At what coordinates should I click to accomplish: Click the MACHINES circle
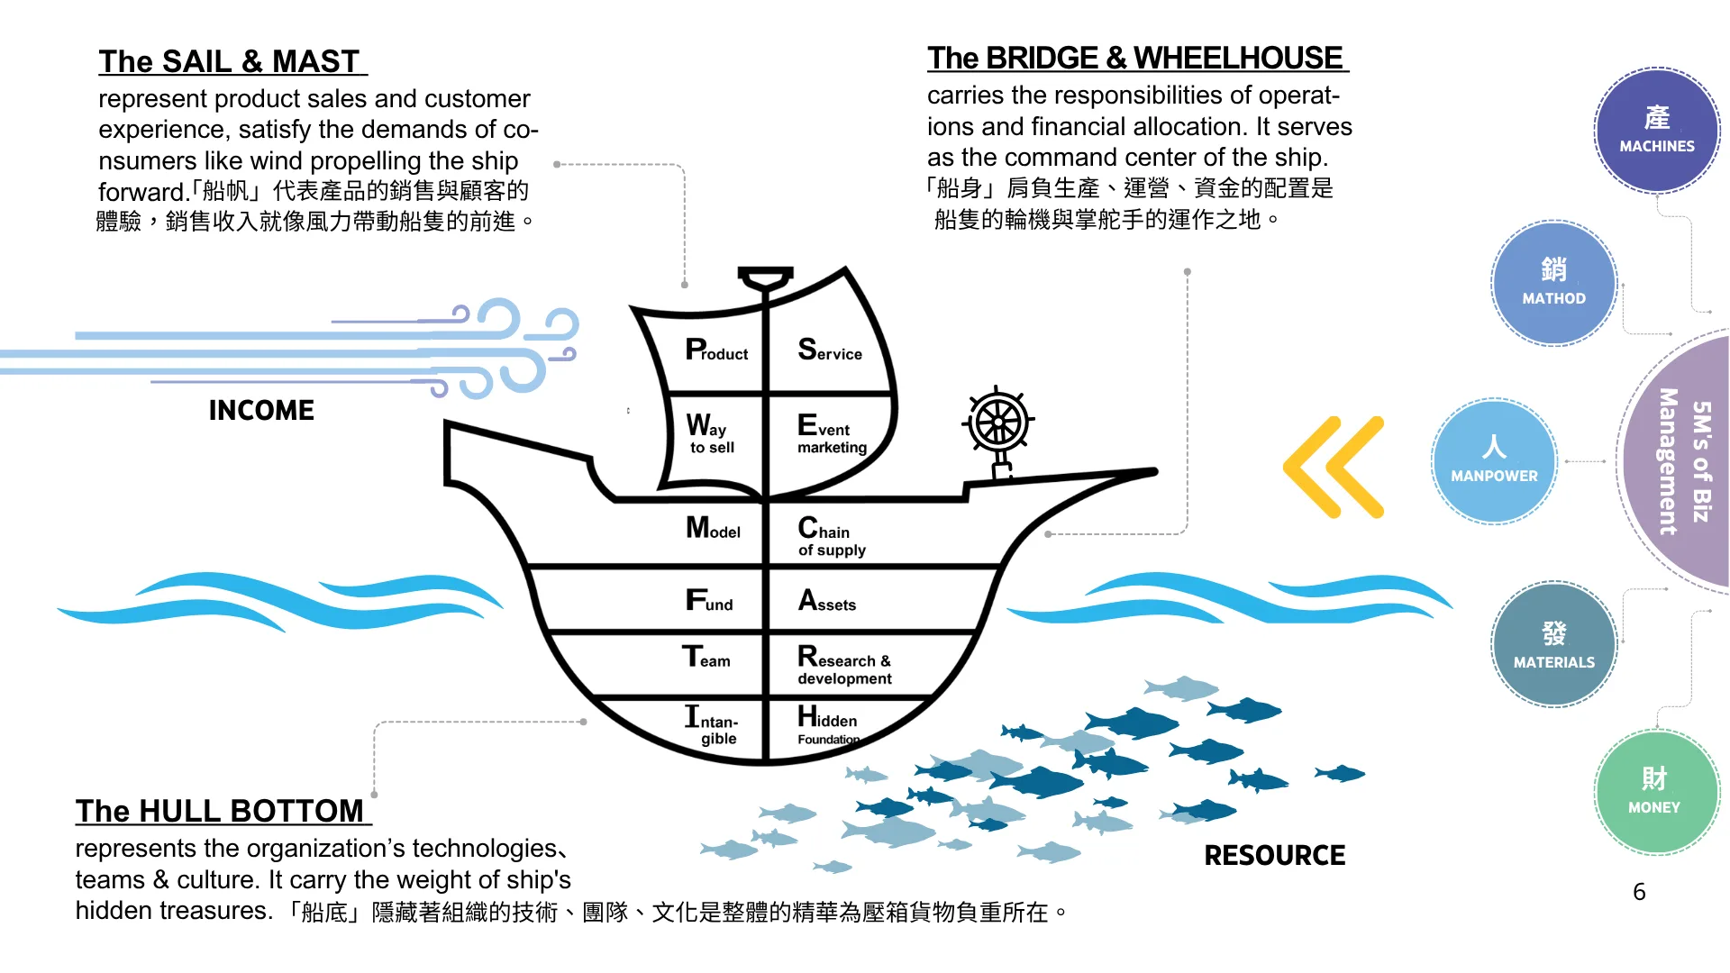pyautogui.click(x=1656, y=131)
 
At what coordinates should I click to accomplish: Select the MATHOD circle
pyautogui.click(x=1553, y=283)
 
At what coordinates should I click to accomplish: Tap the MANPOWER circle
pyautogui.click(x=1494, y=461)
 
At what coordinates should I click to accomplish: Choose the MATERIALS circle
pyautogui.click(x=1553, y=644)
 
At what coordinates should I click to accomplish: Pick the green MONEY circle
pyautogui.click(x=1655, y=791)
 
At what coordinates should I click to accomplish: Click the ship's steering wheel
pyautogui.click(x=998, y=422)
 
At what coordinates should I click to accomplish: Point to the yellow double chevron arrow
pyautogui.click(x=1334, y=467)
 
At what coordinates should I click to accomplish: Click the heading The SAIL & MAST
pyautogui.click(x=230, y=61)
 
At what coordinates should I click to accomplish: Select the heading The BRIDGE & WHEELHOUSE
pyautogui.click(x=1135, y=58)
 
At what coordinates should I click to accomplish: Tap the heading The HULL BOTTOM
pyautogui.click(x=220, y=811)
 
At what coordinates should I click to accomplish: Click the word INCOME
pyautogui.click(x=261, y=411)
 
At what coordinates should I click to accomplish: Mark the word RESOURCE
pyautogui.click(x=1274, y=855)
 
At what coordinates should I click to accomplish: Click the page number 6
pyautogui.click(x=1639, y=892)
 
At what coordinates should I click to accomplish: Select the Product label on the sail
pyautogui.click(x=716, y=350)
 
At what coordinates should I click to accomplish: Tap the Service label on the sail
pyautogui.click(x=830, y=350)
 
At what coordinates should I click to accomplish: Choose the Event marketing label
pyautogui.click(x=832, y=433)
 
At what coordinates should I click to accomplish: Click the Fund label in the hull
pyautogui.click(x=709, y=600)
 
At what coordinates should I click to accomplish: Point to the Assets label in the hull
pyautogui.click(x=827, y=601)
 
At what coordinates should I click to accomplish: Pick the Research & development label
pyautogui.click(x=844, y=666)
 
